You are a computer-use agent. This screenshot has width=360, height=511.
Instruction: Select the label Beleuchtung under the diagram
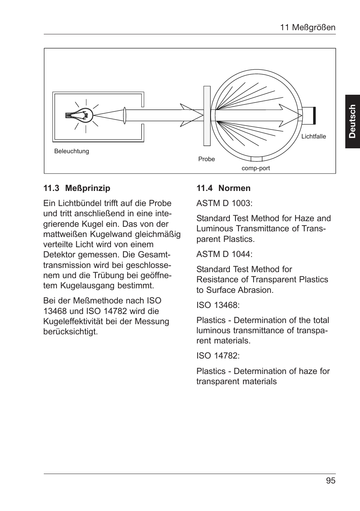(x=72, y=151)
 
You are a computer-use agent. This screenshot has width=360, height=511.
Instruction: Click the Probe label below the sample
(x=206, y=159)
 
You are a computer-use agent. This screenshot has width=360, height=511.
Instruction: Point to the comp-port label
(x=255, y=168)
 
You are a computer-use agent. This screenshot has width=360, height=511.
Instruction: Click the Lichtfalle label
(x=313, y=137)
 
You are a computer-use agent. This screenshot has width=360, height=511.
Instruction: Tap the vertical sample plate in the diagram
(x=207, y=115)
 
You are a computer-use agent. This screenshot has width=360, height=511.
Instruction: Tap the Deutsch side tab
(x=352, y=121)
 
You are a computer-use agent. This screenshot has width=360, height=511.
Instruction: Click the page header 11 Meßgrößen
(x=307, y=28)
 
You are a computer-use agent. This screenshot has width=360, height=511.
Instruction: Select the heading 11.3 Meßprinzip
(x=77, y=188)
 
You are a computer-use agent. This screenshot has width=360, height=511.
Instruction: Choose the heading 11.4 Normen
(x=223, y=188)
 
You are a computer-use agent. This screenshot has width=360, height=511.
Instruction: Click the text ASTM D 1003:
(x=224, y=203)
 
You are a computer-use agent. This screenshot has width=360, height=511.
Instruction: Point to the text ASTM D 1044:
(x=224, y=254)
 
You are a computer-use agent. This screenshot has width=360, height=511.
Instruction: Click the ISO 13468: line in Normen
(x=218, y=305)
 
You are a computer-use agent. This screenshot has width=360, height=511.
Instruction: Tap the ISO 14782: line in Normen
(x=218, y=356)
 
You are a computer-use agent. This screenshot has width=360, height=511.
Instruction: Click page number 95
(x=331, y=480)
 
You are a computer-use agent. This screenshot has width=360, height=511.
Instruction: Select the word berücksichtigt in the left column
(x=70, y=332)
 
